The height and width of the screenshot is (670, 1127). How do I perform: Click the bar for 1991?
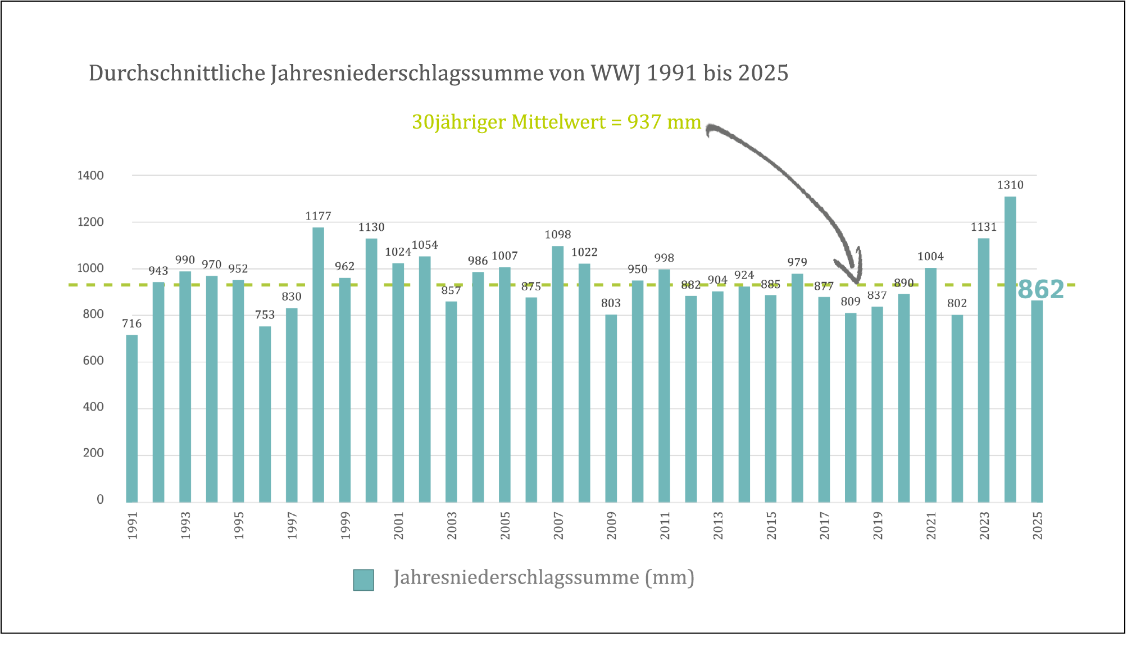(x=131, y=418)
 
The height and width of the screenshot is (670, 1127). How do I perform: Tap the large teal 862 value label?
(x=1040, y=290)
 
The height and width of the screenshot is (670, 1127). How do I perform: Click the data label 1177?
(x=318, y=216)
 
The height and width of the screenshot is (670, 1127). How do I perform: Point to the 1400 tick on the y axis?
(x=90, y=175)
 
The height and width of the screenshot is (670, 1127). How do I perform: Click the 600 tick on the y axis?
(x=93, y=361)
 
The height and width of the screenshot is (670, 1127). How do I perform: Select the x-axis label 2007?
(x=558, y=526)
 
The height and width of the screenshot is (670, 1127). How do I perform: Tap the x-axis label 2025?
(x=1037, y=526)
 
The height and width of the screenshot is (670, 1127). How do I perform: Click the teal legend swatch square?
(x=363, y=580)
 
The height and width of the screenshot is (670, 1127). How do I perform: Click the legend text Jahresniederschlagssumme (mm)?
(x=544, y=577)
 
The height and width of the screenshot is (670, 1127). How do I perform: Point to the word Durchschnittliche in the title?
(x=176, y=73)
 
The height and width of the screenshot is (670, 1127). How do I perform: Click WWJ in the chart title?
(x=615, y=73)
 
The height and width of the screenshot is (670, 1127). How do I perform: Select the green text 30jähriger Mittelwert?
(x=508, y=122)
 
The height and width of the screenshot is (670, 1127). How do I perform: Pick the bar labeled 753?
(x=265, y=414)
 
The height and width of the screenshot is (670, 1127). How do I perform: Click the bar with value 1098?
(x=557, y=374)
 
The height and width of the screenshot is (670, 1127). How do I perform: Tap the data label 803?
(x=611, y=303)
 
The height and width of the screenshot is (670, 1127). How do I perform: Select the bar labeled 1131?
(x=983, y=371)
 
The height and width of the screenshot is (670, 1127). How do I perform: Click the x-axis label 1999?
(x=345, y=526)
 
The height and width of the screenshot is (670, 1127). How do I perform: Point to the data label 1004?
(x=930, y=257)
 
